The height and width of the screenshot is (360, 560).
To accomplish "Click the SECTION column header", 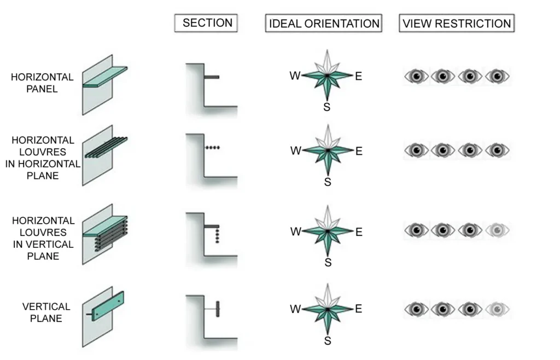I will point(207,23).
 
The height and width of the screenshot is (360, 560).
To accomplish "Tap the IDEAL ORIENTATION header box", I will point(324,24).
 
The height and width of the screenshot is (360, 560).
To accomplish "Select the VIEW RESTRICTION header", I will point(457,24).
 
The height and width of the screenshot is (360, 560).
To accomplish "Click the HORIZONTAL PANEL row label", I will point(42,83).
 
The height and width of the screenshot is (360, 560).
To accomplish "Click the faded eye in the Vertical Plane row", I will point(497,310).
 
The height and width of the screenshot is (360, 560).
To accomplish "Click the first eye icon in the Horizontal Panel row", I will point(416,76).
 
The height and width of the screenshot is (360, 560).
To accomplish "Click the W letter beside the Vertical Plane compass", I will point(295,310).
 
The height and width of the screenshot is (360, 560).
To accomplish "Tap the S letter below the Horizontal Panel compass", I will point(327,107).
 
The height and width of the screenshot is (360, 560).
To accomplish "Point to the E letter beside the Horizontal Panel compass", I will point(358,76).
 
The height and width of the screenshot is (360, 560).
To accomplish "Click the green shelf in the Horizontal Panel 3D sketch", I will point(105,77).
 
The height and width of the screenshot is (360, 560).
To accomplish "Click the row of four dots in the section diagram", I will point(212,148).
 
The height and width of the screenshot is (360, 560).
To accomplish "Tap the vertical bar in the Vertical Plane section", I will point(217,309).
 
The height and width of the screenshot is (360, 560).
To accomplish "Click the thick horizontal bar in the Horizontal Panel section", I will point(212,77).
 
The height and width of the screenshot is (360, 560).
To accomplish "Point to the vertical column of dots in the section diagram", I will point(217,236).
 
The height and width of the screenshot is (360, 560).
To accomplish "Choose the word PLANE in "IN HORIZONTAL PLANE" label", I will point(43,176).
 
